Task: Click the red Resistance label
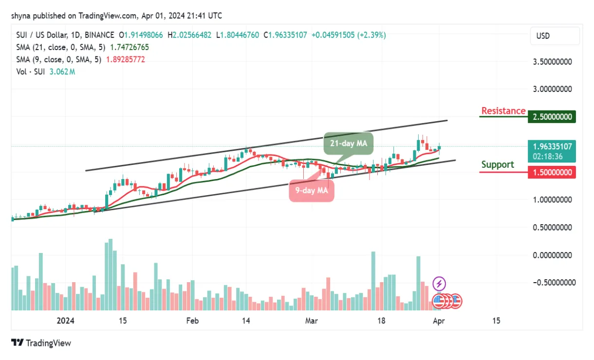[x=503, y=111]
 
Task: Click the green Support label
[x=497, y=164]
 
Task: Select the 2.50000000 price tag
[x=552, y=117]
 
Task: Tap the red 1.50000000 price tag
[x=552, y=172]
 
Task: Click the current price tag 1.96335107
[x=552, y=146]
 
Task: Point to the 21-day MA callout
[x=348, y=144]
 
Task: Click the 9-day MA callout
[x=312, y=191]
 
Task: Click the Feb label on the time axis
[x=192, y=321]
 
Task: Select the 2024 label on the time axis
[x=65, y=321]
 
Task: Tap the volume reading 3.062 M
[x=61, y=72]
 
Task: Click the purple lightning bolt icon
[x=439, y=283]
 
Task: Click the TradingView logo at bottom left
[x=41, y=343]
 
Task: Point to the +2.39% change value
[x=371, y=35]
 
